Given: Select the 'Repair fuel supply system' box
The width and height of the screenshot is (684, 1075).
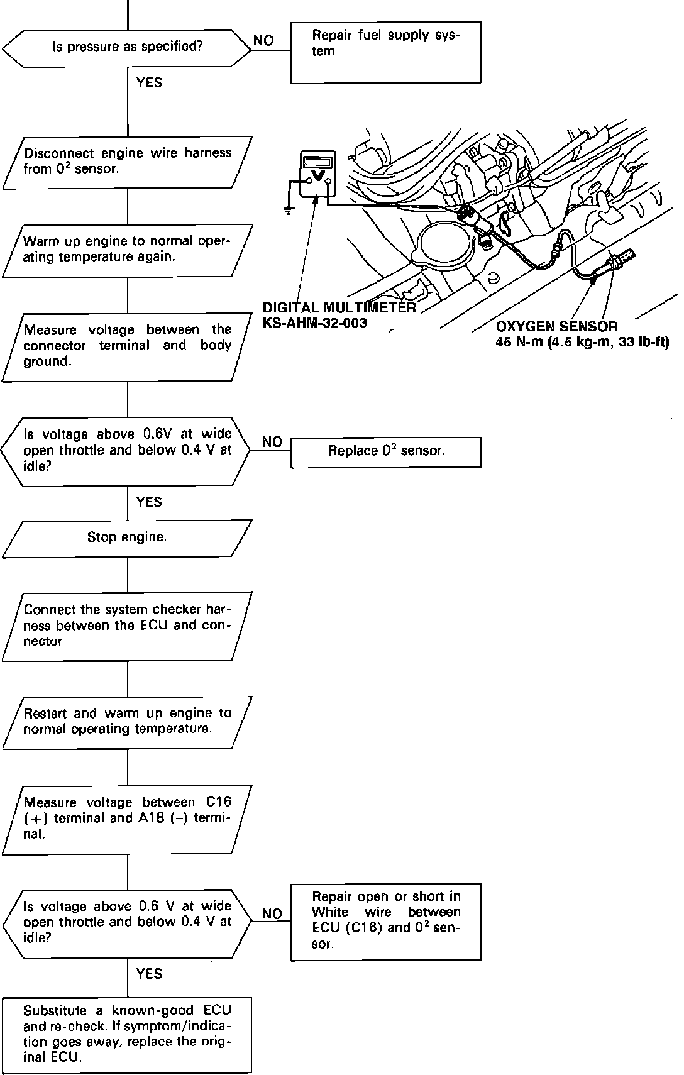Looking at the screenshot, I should click(x=385, y=52).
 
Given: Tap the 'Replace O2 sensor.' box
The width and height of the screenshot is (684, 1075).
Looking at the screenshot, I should click(x=385, y=452).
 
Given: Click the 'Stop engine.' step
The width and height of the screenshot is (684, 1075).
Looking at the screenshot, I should click(x=127, y=538).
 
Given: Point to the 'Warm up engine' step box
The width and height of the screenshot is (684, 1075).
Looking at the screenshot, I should click(x=127, y=250).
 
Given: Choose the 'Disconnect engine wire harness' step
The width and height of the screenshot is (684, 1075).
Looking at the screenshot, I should click(x=127, y=162).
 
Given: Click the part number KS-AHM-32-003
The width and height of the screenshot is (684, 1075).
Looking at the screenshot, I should click(x=314, y=323).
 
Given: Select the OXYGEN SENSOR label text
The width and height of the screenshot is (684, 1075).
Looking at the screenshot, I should click(x=556, y=327).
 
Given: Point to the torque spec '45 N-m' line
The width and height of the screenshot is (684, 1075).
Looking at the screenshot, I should click(x=582, y=343).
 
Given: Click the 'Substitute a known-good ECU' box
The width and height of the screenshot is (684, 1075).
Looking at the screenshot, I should click(x=127, y=1034).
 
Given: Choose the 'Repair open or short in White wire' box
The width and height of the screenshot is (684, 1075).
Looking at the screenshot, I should click(x=385, y=921).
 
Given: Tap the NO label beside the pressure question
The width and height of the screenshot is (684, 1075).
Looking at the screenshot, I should click(x=263, y=41).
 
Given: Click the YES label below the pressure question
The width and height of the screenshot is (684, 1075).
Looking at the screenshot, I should click(x=149, y=83).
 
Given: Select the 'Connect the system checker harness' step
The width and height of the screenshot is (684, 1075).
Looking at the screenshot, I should click(x=127, y=626).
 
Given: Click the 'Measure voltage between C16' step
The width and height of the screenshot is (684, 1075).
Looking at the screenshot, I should click(x=127, y=819).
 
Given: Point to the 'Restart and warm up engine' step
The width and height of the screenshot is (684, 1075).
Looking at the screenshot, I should click(x=127, y=722).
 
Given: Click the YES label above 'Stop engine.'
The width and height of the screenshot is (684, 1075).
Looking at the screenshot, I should click(x=149, y=502).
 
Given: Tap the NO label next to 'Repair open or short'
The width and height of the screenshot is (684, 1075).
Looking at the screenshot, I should click(x=272, y=914).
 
